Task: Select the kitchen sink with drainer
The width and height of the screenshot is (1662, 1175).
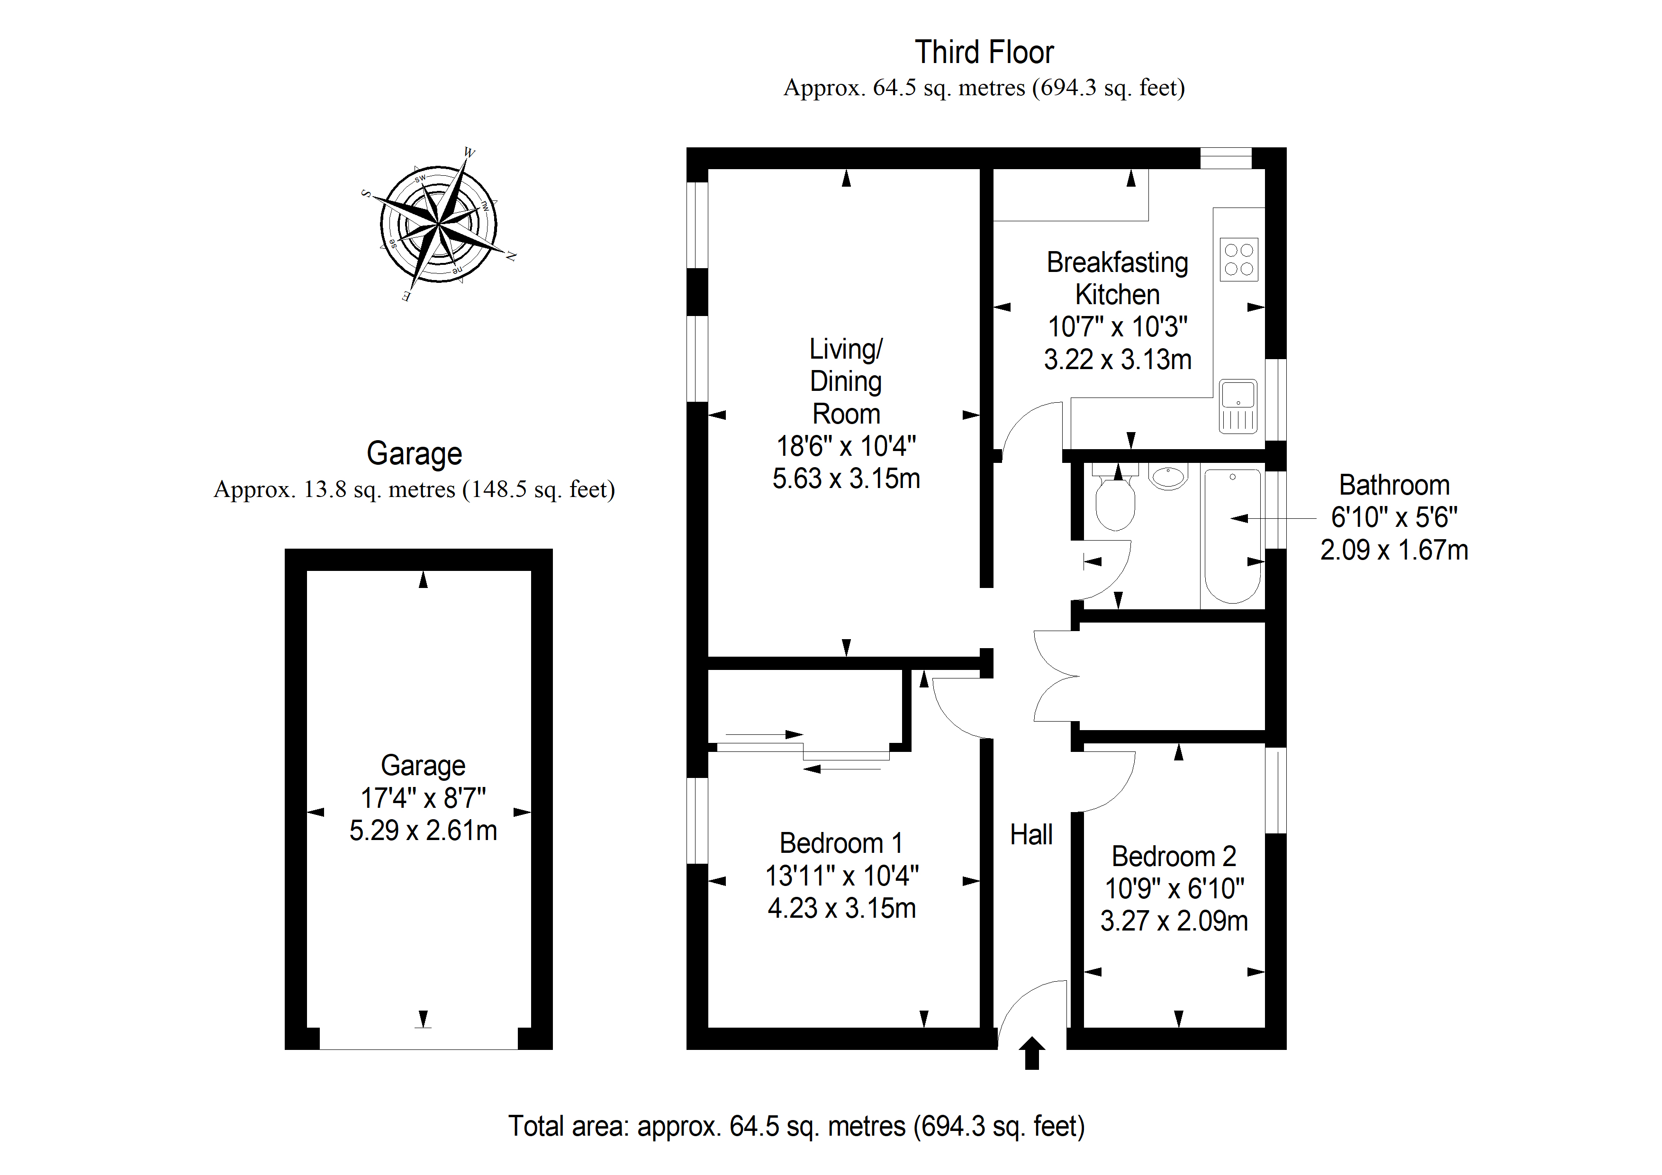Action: coord(1238,406)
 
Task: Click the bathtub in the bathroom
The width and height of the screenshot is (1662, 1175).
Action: coord(1232,536)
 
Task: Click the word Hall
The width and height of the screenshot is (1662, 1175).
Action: coord(1031,835)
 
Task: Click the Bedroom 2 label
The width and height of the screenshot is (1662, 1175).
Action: coord(1174,857)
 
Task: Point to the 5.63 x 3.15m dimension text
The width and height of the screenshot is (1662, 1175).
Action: coord(846,479)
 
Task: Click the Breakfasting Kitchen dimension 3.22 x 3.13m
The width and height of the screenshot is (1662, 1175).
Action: coord(1118,360)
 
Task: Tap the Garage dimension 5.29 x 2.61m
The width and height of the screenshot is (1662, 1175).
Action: coord(424,831)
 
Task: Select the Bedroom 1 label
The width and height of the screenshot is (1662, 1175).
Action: coord(841,843)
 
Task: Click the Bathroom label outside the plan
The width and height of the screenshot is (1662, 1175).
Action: coord(1394,485)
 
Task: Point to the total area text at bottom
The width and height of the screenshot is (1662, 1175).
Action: coord(796,1127)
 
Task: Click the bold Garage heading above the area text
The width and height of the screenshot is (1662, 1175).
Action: coord(414,454)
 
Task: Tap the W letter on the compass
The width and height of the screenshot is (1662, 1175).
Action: coord(469,153)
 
